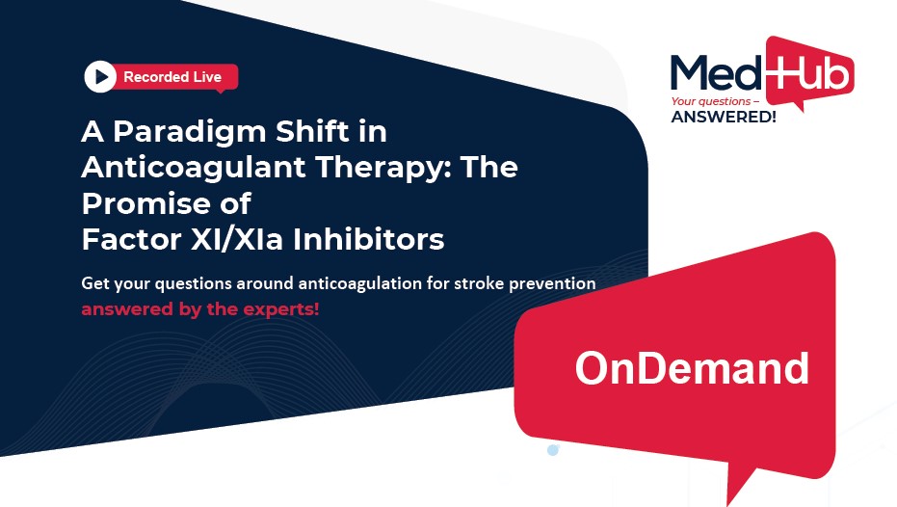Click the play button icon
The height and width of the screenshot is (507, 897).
coord(100,77)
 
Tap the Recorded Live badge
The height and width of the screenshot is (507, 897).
coord(161,77)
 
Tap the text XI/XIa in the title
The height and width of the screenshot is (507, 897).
coord(237,239)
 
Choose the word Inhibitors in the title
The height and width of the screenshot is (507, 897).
coord(369,239)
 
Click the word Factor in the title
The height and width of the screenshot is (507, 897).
coord(132,240)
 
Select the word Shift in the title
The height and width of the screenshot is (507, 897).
coord(312,132)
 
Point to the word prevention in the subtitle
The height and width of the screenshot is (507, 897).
coord(552,284)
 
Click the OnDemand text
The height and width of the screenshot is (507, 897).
coord(692,368)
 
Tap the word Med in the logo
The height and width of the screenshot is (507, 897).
coord(716,72)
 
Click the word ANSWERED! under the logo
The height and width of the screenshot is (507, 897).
coord(724,117)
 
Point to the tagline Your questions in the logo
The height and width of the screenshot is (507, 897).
coord(711,102)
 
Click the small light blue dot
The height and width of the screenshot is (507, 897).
coord(553,450)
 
